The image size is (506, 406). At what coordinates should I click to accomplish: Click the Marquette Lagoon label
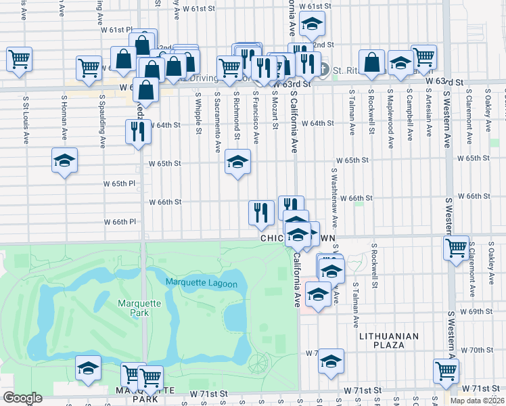202,284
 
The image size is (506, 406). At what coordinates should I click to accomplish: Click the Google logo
22,398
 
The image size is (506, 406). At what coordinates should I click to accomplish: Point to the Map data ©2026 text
476,401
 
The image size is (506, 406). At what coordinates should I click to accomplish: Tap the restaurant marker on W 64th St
138,132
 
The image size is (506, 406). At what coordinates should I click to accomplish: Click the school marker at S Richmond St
237,162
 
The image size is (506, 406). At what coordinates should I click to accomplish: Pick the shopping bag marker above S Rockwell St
371,63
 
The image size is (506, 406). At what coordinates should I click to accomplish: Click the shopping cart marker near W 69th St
457,248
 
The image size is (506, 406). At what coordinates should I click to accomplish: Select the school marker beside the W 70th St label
331,361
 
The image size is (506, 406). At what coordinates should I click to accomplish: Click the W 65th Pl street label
119,184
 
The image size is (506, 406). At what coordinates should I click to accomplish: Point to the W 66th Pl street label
120,222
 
